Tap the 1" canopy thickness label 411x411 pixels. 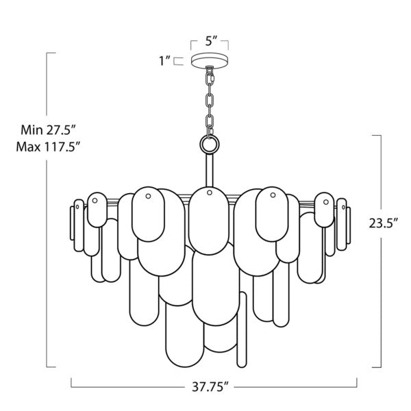pos(164,61)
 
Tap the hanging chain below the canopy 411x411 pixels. pos(208,103)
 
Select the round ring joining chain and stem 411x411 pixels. pos(208,144)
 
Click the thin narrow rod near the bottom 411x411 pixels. pos(240,329)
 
